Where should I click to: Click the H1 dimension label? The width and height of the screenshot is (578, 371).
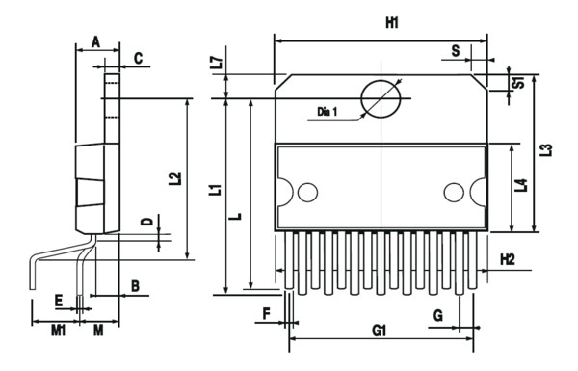coord(392,23)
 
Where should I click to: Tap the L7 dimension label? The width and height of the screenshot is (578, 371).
coord(219,63)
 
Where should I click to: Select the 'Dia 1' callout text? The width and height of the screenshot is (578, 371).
coord(327,111)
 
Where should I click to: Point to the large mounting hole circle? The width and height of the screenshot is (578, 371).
coord(381,99)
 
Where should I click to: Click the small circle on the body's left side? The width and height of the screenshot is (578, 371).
coord(307,192)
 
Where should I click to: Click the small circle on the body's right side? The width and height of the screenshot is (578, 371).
coord(454,192)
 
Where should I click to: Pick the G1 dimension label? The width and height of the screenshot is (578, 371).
coord(379,331)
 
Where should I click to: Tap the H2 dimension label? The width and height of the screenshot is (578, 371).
coord(508,259)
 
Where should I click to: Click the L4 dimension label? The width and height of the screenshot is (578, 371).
coord(521,185)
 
